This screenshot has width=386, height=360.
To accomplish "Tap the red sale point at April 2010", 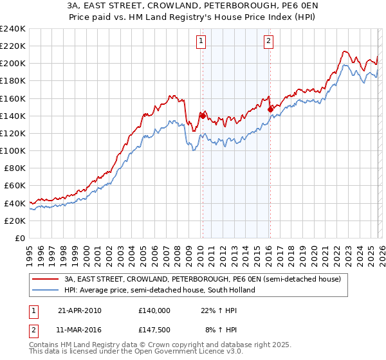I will tap(203, 116).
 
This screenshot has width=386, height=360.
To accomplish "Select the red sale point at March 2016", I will tap(270, 109).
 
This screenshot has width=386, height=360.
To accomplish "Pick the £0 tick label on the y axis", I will tap(20, 238).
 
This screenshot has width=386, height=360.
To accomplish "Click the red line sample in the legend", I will tap(47, 279).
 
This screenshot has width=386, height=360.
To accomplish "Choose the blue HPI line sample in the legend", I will tap(47, 290).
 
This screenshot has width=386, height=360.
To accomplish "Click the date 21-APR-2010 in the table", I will tap(79, 310).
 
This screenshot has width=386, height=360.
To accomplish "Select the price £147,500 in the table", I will tap(154, 330).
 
